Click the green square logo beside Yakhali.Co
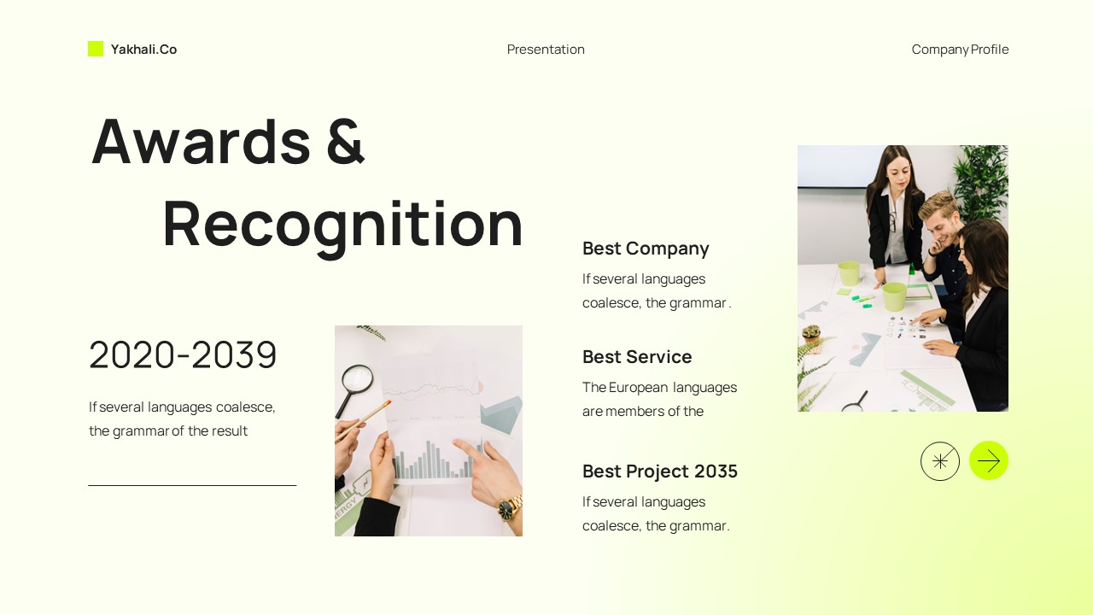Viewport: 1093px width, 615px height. [96, 49]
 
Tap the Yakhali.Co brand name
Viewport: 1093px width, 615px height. [143, 50]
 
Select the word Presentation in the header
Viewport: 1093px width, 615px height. [546, 50]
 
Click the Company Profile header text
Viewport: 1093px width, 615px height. [960, 50]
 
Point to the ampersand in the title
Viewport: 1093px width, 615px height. [345, 141]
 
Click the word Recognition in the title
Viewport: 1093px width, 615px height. [342, 223]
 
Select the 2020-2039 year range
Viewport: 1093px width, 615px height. [183, 355]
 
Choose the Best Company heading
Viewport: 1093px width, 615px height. [646, 249]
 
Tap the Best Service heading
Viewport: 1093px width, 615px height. [637, 357]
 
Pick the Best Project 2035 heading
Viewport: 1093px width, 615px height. [659, 471]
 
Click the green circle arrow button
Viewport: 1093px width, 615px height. [989, 461]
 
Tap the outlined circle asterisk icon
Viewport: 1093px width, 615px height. [940, 461]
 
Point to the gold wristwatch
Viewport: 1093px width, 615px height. [508, 509]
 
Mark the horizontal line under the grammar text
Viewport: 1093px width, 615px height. [192, 485]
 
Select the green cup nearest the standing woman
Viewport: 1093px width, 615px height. [849, 273]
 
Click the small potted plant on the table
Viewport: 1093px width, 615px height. [811, 336]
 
